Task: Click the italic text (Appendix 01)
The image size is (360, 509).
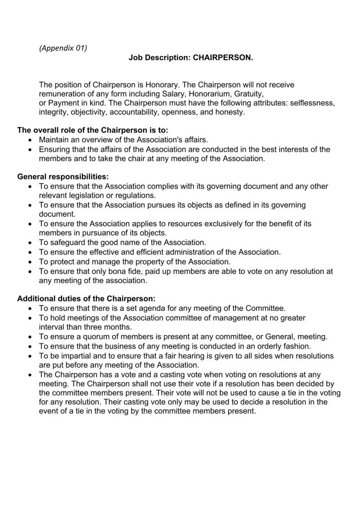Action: click(63, 48)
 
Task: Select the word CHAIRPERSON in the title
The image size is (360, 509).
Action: click(223, 58)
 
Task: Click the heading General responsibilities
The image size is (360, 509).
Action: click(63, 176)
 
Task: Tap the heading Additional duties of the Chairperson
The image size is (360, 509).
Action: click(87, 299)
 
